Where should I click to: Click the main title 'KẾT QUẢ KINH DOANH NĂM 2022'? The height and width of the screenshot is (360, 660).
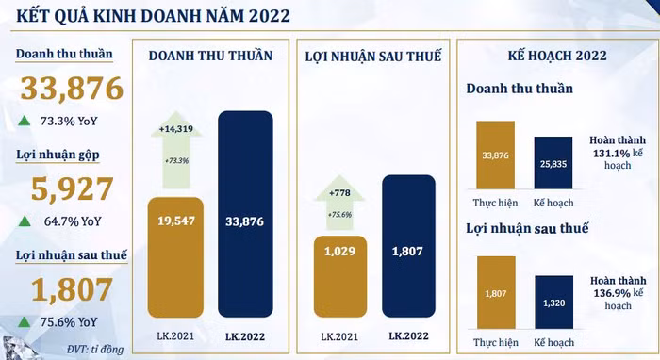[x=145, y=16]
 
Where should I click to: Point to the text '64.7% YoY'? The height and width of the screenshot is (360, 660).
[x=71, y=221]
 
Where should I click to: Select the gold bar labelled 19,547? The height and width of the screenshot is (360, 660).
[x=174, y=254]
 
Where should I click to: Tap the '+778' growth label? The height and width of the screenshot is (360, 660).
[x=340, y=192]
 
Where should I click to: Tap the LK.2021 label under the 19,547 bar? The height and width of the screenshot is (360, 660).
[x=174, y=335]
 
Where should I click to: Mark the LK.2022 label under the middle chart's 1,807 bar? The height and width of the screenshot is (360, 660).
[x=408, y=335]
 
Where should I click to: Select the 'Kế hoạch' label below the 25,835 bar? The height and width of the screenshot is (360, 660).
[x=553, y=203]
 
